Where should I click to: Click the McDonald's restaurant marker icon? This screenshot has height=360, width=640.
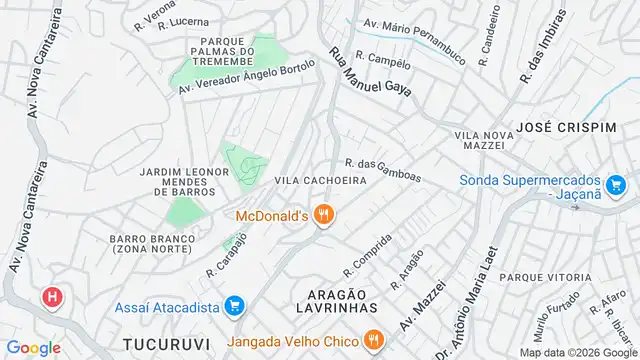tap(323, 215)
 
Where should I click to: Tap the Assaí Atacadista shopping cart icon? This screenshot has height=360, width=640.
tap(235, 305)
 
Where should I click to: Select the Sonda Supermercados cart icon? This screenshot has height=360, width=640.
tap(616, 184)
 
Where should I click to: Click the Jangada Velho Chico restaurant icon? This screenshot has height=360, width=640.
tap(372, 339)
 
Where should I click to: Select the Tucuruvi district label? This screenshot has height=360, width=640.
tap(166, 343)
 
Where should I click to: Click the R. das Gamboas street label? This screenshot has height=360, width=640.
tap(383, 172)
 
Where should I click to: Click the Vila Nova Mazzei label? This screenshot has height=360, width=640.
tap(479, 139)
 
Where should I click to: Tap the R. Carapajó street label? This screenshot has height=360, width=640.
tap(226, 257)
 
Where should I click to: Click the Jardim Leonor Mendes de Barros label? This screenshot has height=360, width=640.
tap(179, 181)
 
